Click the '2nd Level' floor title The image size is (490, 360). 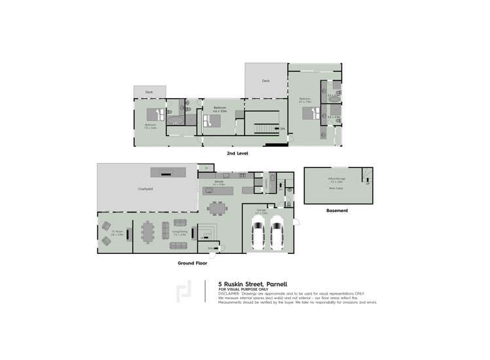(237, 153)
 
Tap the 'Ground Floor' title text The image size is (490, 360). (192, 263)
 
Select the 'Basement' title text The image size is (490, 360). (337, 211)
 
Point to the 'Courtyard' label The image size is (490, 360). (145, 189)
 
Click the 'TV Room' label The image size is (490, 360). (117, 232)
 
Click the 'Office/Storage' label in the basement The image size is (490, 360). (337, 178)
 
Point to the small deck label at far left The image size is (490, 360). (149, 92)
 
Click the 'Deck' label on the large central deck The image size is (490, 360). (266, 81)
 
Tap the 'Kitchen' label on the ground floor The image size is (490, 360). (219, 184)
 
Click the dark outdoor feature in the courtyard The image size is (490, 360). (168, 171)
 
